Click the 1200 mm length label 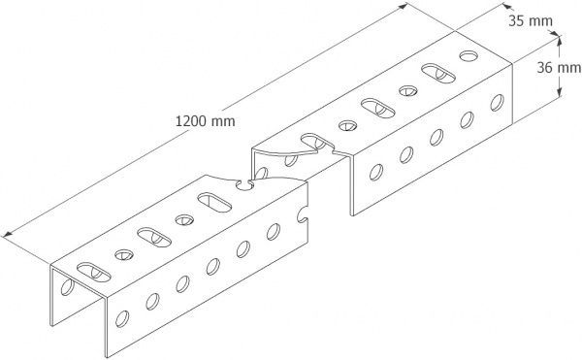(205, 123)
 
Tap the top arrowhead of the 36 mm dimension (561, 36)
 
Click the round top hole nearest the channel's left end (124, 254)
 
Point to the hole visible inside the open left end (66, 287)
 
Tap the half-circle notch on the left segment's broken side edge (305, 215)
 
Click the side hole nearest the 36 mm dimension (498, 100)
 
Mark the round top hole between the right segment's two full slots (405, 89)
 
